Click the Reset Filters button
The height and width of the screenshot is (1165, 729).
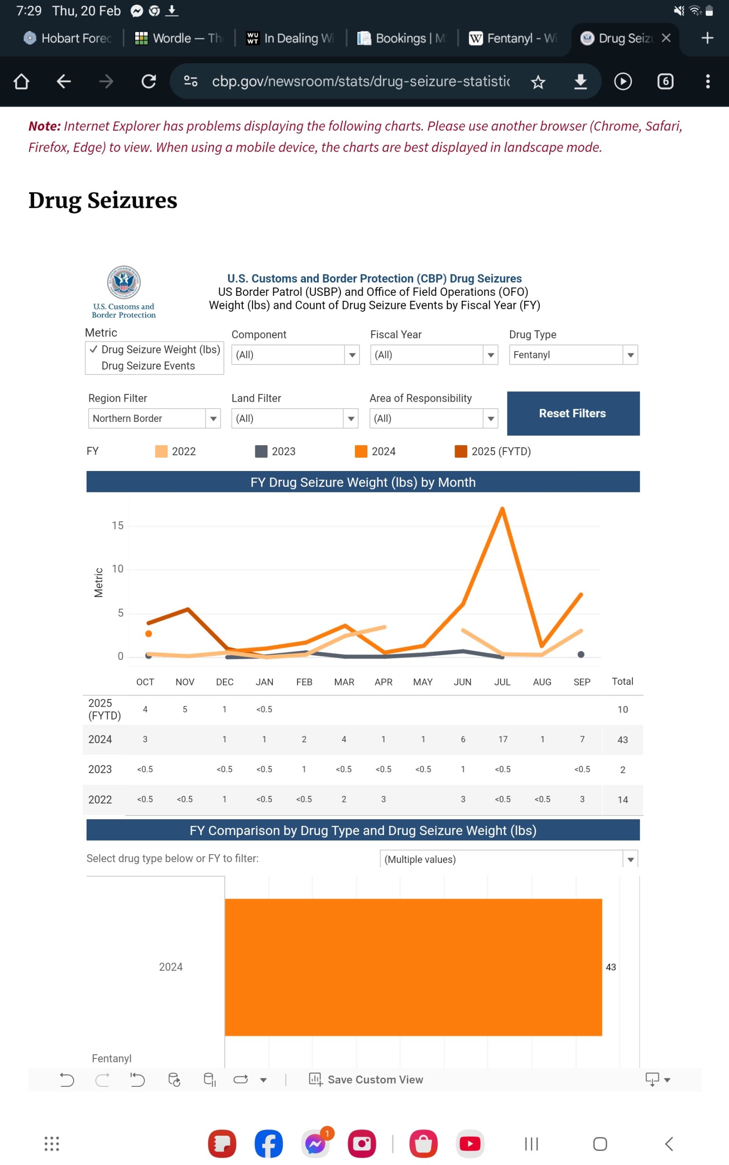(x=573, y=413)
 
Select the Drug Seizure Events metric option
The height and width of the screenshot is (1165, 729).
(x=148, y=366)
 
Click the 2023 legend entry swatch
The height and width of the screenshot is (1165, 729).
(x=261, y=451)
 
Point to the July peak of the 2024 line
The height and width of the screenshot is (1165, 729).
(x=502, y=509)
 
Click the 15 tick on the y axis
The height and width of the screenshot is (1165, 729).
(x=118, y=526)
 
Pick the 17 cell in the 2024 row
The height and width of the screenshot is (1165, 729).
(x=503, y=739)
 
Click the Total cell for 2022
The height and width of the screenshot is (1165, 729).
(x=623, y=800)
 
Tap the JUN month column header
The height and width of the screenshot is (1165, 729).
(x=462, y=682)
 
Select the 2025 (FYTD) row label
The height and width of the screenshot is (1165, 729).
(x=104, y=709)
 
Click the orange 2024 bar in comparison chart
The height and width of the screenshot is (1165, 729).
(x=413, y=967)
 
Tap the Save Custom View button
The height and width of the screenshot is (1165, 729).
(x=366, y=1079)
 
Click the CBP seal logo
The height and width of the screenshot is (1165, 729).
(x=124, y=282)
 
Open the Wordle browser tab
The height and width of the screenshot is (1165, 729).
(x=178, y=38)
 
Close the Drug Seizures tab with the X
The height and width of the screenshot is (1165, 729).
(x=666, y=38)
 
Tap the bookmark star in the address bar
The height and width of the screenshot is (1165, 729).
(x=538, y=82)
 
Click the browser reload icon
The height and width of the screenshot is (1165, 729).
(x=148, y=81)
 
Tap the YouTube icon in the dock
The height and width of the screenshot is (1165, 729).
(x=470, y=1143)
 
